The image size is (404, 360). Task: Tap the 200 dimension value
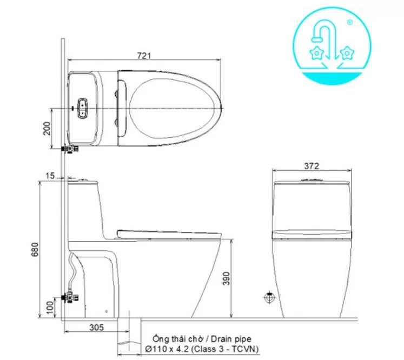coord(47,128)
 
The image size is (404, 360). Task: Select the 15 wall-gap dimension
coord(50,175)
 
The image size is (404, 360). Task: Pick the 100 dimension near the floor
coord(50,306)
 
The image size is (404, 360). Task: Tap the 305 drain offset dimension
coord(96,328)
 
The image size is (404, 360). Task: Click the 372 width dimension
coord(312,166)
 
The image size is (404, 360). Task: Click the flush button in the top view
coord(83,107)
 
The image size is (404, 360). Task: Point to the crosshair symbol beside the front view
coord(268,297)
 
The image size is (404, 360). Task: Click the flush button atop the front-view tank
coord(312,180)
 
